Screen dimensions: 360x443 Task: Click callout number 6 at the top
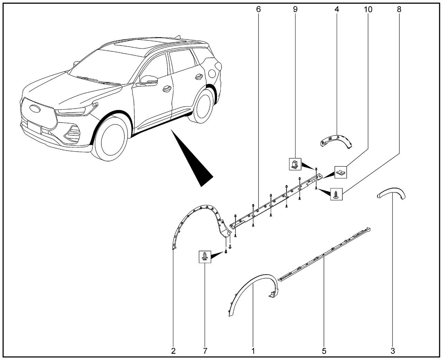point(258,9)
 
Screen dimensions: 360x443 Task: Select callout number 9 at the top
point(295,9)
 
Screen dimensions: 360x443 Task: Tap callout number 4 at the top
point(336,9)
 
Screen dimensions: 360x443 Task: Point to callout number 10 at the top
point(368,9)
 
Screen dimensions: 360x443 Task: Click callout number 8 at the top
point(399,9)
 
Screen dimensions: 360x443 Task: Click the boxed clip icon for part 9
point(295,164)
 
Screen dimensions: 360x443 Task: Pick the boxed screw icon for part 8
point(337,194)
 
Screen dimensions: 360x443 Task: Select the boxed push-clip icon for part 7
point(205,257)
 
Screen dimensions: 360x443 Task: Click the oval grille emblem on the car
point(34,108)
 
